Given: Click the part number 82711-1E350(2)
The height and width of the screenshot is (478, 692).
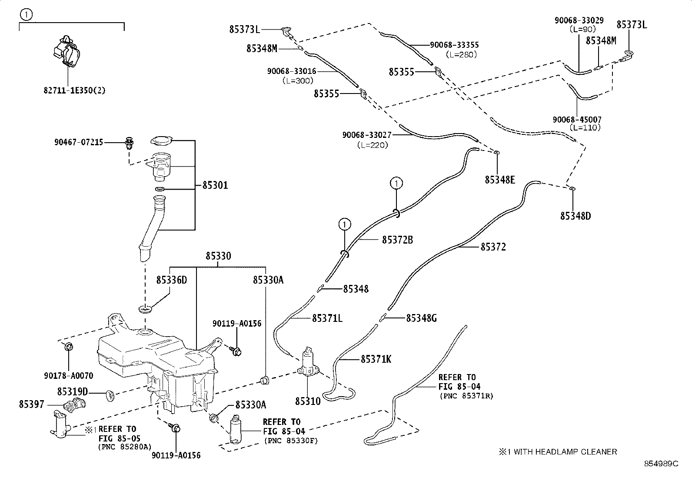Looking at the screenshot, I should pyautogui.click(x=74, y=90).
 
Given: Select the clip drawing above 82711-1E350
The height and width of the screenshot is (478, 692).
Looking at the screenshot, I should pyautogui.click(x=66, y=52).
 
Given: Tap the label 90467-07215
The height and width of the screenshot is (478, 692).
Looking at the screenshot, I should pyautogui.click(x=79, y=142).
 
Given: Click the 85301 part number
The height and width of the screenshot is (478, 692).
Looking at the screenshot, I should pyautogui.click(x=215, y=185).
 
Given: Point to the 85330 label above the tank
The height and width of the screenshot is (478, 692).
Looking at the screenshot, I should pyautogui.click(x=218, y=256).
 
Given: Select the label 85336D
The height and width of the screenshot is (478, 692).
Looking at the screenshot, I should pyautogui.click(x=172, y=280).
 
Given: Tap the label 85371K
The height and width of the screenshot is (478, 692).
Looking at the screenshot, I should pyautogui.click(x=376, y=359).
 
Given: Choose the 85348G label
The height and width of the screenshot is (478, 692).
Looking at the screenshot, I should pyautogui.click(x=421, y=318).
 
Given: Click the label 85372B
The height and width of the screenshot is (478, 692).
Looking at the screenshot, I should pyautogui.click(x=397, y=239).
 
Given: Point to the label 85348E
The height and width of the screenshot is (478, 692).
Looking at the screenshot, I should pyautogui.click(x=500, y=180).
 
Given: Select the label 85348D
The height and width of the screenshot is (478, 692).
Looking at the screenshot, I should pyautogui.click(x=575, y=216).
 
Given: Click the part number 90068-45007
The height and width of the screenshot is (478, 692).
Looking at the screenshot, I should pyautogui.click(x=577, y=119).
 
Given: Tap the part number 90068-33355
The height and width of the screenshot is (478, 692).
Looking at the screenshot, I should pyautogui.click(x=454, y=45).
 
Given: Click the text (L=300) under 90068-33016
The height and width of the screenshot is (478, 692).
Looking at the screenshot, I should pyautogui.click(x=297, y=80).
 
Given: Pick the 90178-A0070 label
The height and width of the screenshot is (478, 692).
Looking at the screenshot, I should pyautogui.click(x=68, y=375).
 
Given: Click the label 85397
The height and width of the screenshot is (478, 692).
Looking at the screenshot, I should pyautogui.click(x=31, y=404).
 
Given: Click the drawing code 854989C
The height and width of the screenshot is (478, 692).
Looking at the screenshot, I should pyautogui.click(x=661, y=464).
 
